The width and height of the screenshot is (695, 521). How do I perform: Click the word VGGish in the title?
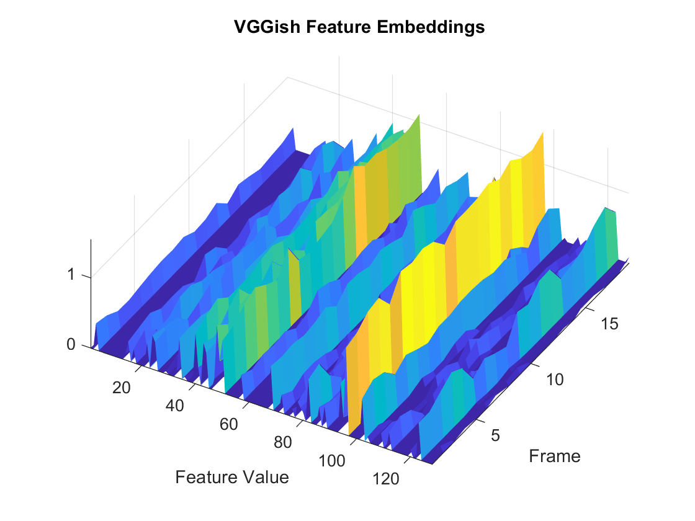(x=267, y=27)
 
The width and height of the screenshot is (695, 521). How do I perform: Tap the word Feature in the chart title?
(x=338, y=27)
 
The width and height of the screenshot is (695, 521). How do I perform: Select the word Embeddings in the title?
(x=431, y=27)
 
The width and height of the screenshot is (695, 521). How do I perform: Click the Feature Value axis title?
(x=232, y=477)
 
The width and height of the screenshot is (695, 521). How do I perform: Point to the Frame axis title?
(x=555, y=456)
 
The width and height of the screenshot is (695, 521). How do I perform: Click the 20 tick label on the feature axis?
(x=121, y=388)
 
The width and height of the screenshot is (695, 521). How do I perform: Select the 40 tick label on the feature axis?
(x=174, y=406)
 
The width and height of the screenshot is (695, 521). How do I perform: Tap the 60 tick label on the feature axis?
(x=229, y=424)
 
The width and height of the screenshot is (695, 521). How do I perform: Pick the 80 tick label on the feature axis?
(x=283, y=442)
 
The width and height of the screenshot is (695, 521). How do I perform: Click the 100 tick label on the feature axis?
(x=332, y=461)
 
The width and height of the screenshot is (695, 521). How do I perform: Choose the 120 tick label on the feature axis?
(x=385, y=479)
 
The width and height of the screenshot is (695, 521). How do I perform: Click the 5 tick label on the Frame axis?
(x=495, y=435)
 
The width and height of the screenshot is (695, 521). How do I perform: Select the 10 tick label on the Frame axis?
(x=554, y=380)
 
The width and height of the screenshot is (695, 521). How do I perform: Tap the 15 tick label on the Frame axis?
(x=609, y=324)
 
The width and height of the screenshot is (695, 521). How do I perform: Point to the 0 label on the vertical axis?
(x=71, y=344)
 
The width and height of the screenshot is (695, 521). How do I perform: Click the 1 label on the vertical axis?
(x=71, y=275)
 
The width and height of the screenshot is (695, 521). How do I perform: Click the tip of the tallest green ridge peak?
(x=419, y=114)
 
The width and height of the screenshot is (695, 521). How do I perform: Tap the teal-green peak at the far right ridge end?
(x=606, y=207)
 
